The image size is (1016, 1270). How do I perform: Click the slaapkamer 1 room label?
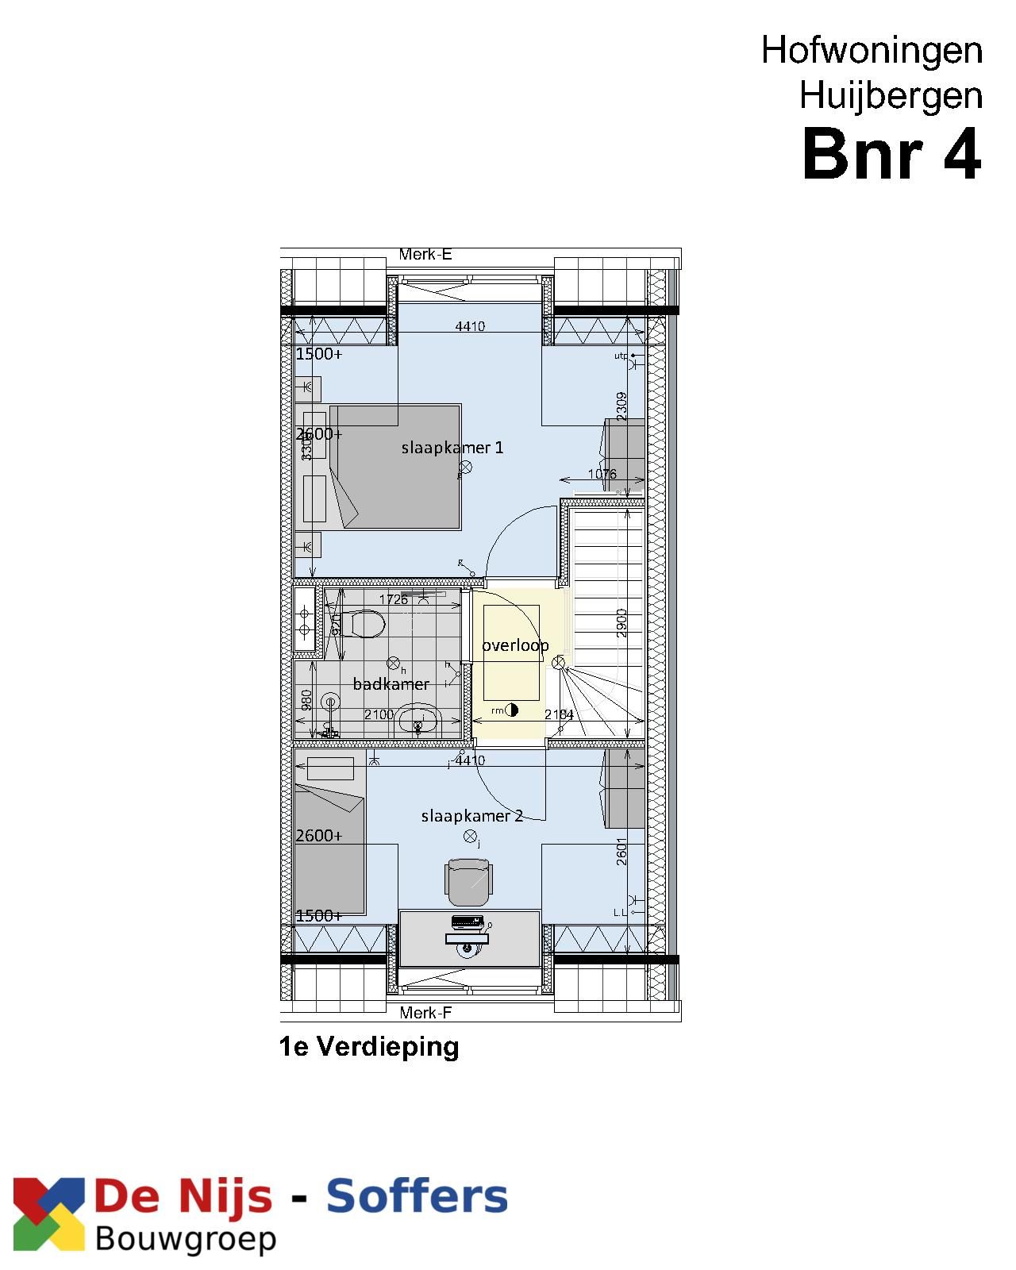tap(452, 448)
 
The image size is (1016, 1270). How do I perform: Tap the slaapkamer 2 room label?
tap(471, 816)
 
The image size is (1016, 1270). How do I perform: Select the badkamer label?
tap(391, 684)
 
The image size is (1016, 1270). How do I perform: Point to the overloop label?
tap(515, 645)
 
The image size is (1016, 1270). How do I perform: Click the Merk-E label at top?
tap(425, 255)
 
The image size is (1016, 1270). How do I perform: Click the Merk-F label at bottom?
tap(425, 1013)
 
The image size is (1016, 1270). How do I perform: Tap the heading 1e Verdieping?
tap(369, 1047)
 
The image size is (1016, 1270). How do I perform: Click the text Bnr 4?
tap(891, 156)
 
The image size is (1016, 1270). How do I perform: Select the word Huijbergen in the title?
tap(891, 96)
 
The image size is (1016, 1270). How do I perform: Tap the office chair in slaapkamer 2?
tap(468, 880)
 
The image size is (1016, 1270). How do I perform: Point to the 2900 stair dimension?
tap(622, 622)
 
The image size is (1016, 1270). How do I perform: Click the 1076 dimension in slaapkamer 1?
tap(602, 475)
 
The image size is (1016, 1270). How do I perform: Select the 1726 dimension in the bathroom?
tap(393, 599)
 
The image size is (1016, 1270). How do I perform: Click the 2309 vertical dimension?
tap(622, 406)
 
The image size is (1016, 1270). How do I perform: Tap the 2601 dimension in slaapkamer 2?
tap(622, 851)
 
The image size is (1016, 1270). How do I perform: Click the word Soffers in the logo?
tap(417, 1197)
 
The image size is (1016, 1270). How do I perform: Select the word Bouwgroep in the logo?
tap(186, 1239)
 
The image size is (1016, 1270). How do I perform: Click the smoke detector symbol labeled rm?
tap(511, 710)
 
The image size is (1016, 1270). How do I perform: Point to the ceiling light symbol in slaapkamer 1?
tap(466, 468)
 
